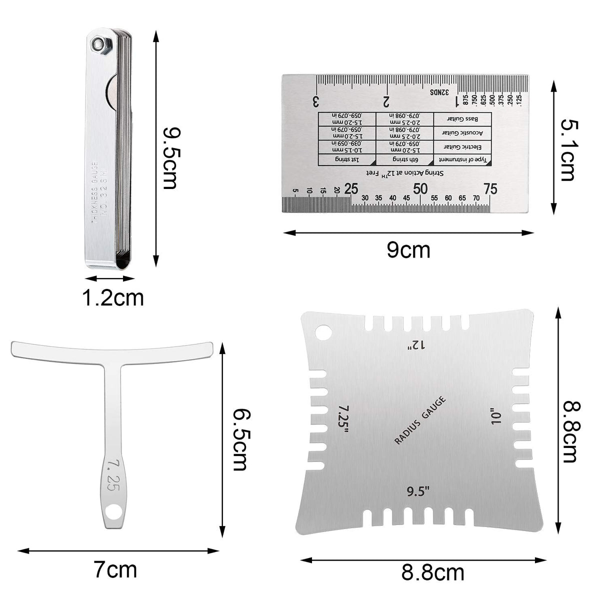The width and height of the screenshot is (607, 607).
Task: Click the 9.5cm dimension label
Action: click(170, 158)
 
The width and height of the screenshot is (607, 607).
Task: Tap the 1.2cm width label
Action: click(113, 298)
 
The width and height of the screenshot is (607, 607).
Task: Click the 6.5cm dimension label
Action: click(240, 440)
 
